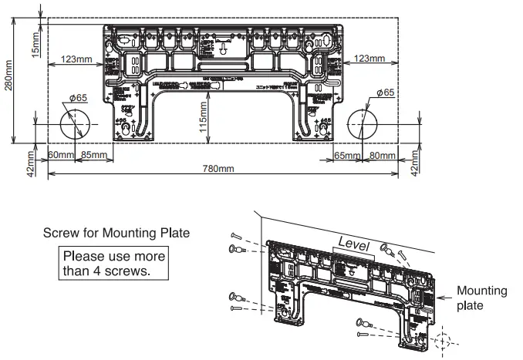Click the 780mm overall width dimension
[x=218, y=169]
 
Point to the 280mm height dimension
[x=8, y=77]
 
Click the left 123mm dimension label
[x=77, y=59]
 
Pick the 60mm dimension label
[x=60, y=156]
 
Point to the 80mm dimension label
[x=381, y=156]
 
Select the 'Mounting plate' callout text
[x=481, y=298]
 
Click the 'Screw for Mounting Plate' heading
[x=116, y=232]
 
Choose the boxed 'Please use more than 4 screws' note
[x=113, y=264]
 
